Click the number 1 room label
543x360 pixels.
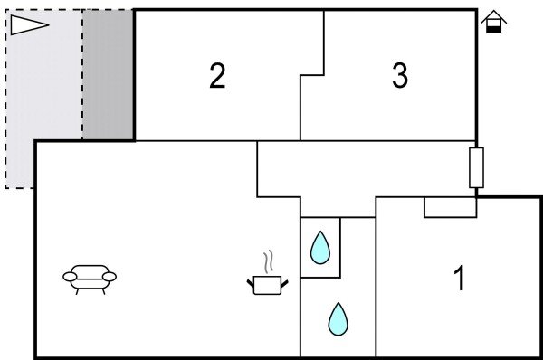(460, 279)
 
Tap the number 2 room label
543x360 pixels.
(217, 77)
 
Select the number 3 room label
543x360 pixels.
(400, 77)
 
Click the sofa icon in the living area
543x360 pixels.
(90, 278)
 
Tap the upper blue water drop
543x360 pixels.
(320, 248)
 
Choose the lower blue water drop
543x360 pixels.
(338, 318)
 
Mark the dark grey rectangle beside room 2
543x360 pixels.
(109, 74)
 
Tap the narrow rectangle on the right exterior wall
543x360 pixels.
(476, 167)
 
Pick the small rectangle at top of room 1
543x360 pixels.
(450, 207)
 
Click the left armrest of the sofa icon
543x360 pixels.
(69, 277)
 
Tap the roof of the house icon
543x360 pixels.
(493, 16)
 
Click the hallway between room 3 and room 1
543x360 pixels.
(362, 167)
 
